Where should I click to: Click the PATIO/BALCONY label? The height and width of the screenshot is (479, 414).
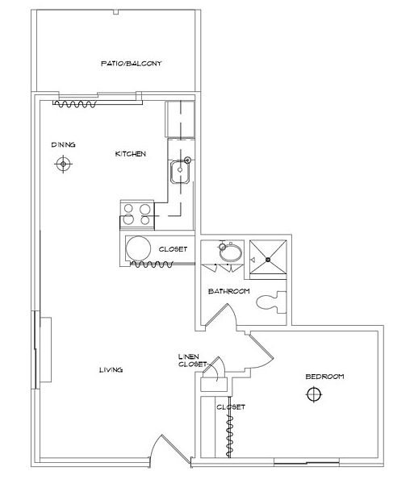[x=132, y=64]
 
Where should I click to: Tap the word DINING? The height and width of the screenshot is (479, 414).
[x=63, y=144]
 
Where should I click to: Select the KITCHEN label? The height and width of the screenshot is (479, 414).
[x=131, y=154]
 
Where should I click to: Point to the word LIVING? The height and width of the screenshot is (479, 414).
[x=111, y=370]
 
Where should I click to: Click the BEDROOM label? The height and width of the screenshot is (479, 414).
[x=324, y=377]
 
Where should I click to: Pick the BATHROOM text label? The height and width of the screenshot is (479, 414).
[x=229, y=291]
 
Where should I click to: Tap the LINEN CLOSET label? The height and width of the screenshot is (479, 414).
[x=193, y=360]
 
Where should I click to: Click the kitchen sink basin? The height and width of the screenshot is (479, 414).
[x=180, y=172]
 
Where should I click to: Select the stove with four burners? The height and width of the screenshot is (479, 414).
[x=137, y=215]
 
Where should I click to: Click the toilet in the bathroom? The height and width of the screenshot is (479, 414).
[x=271, y=302]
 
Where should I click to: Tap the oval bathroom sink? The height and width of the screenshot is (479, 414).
[x=231, y=252]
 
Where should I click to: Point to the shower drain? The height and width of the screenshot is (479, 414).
[x=268, y=260]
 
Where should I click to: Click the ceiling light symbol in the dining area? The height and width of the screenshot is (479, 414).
[x=63, y=164]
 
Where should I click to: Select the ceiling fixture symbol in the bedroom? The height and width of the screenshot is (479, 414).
[x=314, y=394]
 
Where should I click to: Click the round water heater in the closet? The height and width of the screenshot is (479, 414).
[x=138, y=248]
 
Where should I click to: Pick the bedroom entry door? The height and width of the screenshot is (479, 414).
[x=261, y=351]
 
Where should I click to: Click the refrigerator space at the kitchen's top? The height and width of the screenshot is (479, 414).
[x=181, y=119]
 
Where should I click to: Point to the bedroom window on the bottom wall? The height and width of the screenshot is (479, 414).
[x=307, y=463]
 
